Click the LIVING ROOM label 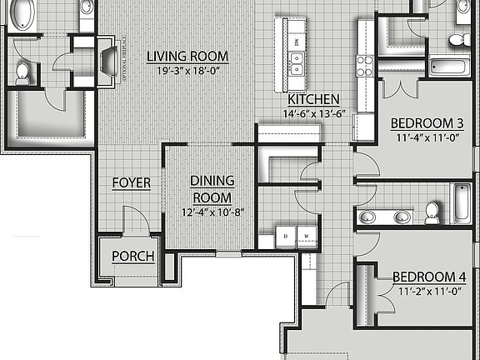click(x=187, y=57)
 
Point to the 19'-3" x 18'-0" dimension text click(x=187, y=71)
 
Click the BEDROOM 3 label click(x=426, y=123)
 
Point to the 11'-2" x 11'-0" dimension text click(x=427, y=292)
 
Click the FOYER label click(x=131, y=182)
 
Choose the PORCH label click(x=133, y=256)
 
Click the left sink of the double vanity click(x=367, y=218)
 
